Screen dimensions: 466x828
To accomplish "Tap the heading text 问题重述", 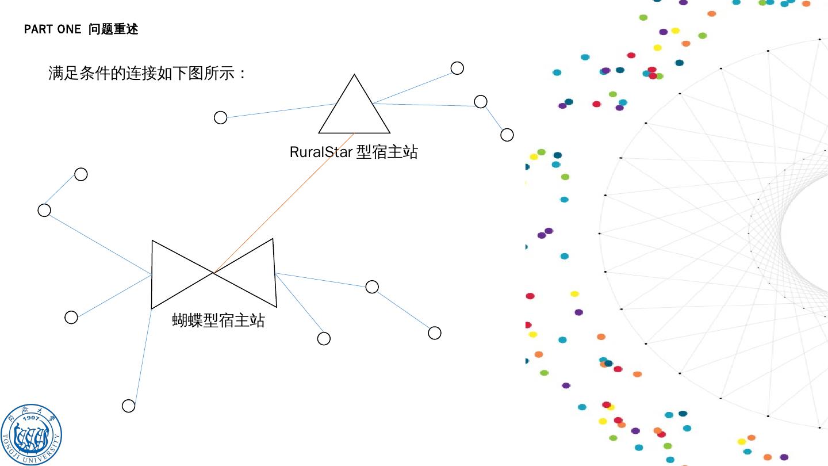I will coord(113,29).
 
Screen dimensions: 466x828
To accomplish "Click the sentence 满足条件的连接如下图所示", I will coord(147,74).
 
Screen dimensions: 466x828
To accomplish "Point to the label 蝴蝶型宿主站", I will coord(218,320).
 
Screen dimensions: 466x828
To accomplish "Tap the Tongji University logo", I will coord(31,435).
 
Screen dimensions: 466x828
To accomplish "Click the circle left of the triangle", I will coord(220,118).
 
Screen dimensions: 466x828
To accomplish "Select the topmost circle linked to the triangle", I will coord(457,68).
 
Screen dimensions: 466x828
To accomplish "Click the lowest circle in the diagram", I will coord(128,406).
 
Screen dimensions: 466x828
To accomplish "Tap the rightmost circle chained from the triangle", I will coord(507,135).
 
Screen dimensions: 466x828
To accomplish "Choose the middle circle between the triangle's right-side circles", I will coord(481,102).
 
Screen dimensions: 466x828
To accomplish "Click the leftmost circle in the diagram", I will coord(44,210).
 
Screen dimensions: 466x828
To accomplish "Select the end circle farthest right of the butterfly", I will coord(435,333).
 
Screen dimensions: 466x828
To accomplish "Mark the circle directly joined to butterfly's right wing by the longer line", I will coord(372,287).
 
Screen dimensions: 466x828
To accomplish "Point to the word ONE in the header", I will coord(70,29).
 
